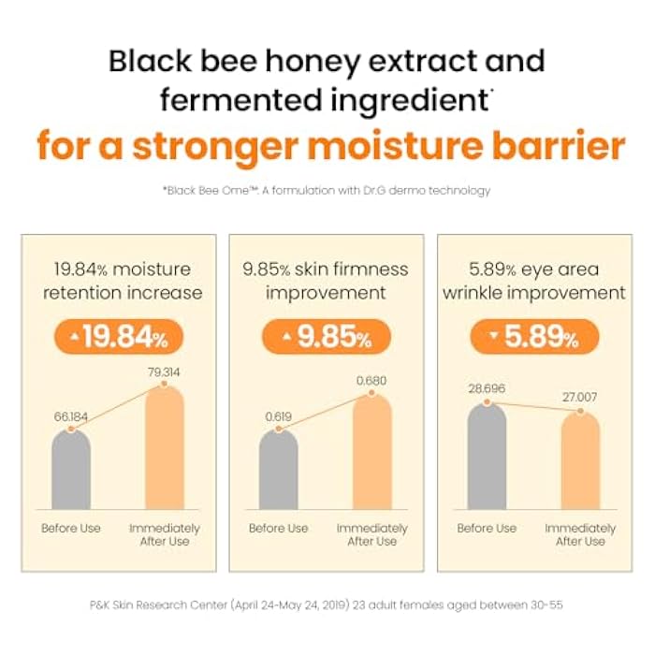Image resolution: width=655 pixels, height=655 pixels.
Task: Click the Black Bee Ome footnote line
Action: click(327, 191)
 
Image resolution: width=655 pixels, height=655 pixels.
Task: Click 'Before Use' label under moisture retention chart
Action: click(71, 528)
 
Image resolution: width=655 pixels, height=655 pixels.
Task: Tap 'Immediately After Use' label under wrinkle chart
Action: click(580, 534)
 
